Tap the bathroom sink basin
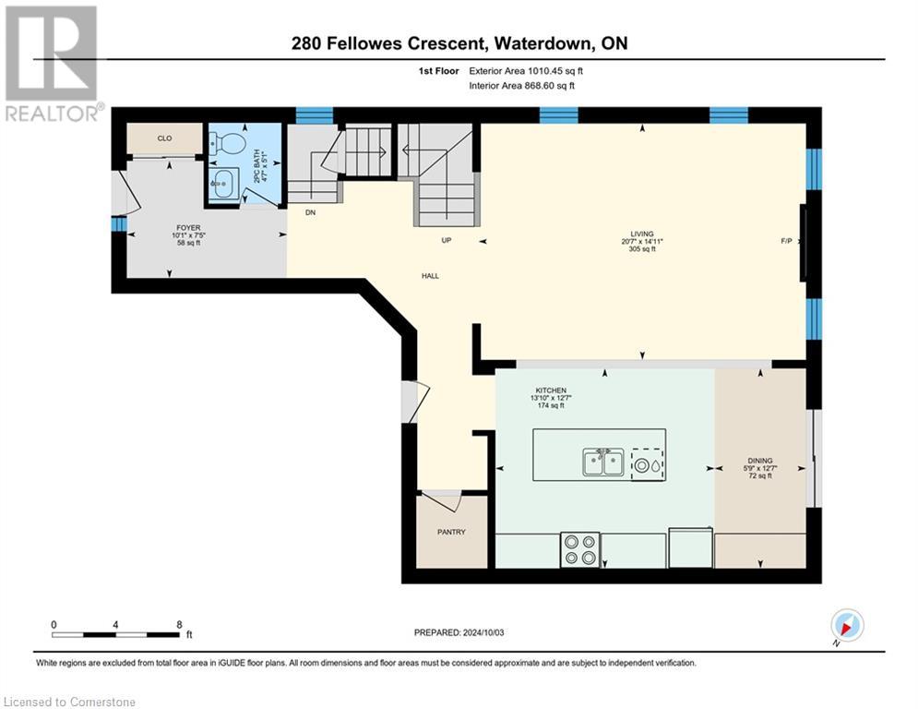(x=223, y=184)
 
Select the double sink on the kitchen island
(x=603, y=463)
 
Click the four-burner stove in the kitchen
(x=579, y=549)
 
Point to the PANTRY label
(x=451, y=532)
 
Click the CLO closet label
(x=164, y=138)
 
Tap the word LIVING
(x=641, y=234)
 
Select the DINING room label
(x=760, y=461)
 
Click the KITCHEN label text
(x=551, y=391)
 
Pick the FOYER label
(x=188, y=228)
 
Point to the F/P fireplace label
(x=786, y=241)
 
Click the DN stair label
(x=310, y=212)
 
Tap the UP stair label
(x=447, y=240)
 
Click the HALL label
(x=430, y=276)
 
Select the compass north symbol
(x=847, y=626)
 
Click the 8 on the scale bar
(x=179, y=625)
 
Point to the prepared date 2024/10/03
(x=483, y=632)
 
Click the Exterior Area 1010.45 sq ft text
(x=526, y=71)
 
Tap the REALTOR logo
(x=53, y=64)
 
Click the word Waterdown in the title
(x=542, y=43)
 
